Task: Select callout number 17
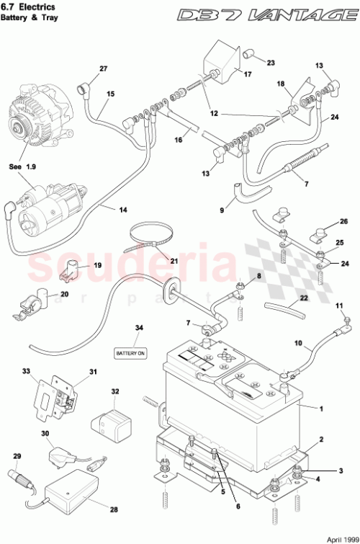point(247,74)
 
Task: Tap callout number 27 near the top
point(103,68)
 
